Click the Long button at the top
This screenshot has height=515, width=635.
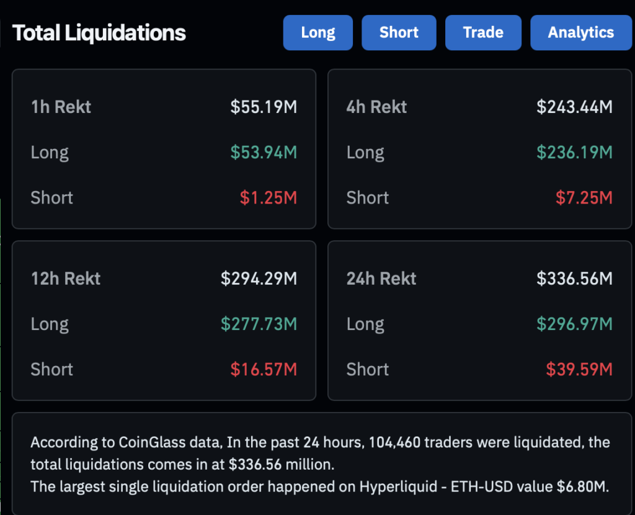tap(317, 33)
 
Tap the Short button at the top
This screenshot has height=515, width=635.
tap(399, 33)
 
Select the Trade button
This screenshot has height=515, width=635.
tap(483, 33)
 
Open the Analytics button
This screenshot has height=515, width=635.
tap(580, 33)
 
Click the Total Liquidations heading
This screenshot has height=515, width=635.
tap(99, 33)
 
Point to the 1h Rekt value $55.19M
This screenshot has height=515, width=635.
tap(264, 107)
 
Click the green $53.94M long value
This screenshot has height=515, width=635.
tap(264, 152)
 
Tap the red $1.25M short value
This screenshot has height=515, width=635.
tap(269, 198)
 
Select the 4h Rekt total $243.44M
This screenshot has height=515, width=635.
tap(574, 107)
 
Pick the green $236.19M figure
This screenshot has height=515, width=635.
tap(574, 152)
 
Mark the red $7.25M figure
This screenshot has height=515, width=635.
tap(584, 198)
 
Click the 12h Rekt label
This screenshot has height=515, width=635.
tap(65, 279)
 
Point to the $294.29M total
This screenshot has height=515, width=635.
tap(259, 279)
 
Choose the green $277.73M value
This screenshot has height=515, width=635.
tap(259, 324)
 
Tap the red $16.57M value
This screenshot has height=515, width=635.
tap(264, 370)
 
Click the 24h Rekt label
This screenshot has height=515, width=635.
tap(381, 279)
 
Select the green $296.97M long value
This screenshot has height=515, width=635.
tap(574, 324)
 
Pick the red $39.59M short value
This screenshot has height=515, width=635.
tap(579, 370)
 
